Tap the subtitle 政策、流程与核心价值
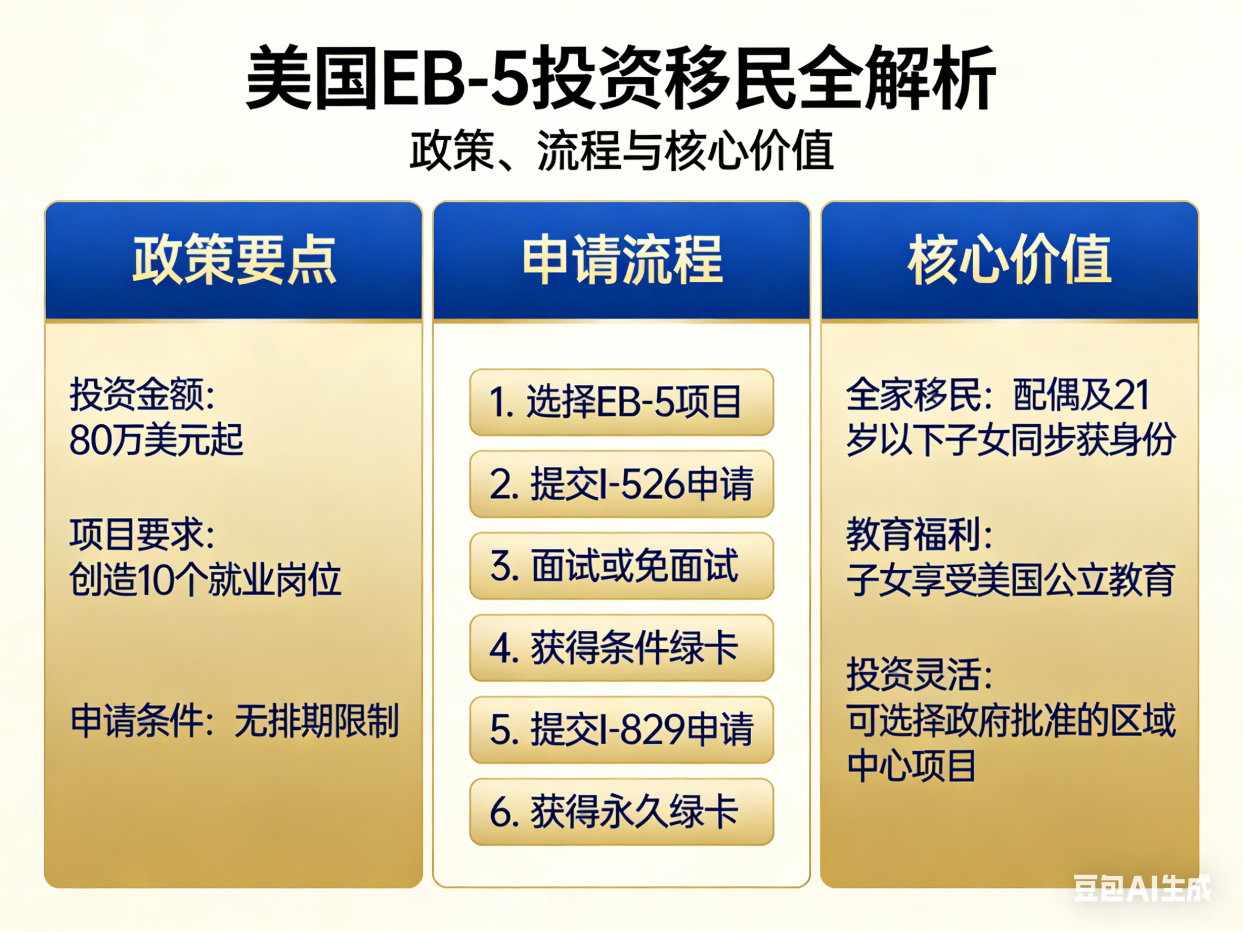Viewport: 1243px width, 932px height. pos(621,150)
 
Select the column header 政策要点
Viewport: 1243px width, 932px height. pos(234,260)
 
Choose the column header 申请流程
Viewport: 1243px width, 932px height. pos(622,260)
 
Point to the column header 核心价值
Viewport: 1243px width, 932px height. pos(1010,260)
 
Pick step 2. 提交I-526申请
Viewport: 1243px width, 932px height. pos(621,484)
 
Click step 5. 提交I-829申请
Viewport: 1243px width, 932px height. pos(621,730)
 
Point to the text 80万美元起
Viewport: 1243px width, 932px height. pos(156,439)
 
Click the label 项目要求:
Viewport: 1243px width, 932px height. pos(142,534)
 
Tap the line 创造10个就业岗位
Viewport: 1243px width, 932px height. pos(205,580)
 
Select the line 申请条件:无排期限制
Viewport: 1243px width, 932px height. pos(235,721)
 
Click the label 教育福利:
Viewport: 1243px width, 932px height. pos(919,534)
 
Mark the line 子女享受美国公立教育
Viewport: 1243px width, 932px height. pos(1011,580)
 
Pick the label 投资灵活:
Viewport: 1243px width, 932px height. pos(919,674)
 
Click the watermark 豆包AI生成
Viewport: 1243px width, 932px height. pos(1143,888)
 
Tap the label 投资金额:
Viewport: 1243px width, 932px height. pos(142,394)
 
